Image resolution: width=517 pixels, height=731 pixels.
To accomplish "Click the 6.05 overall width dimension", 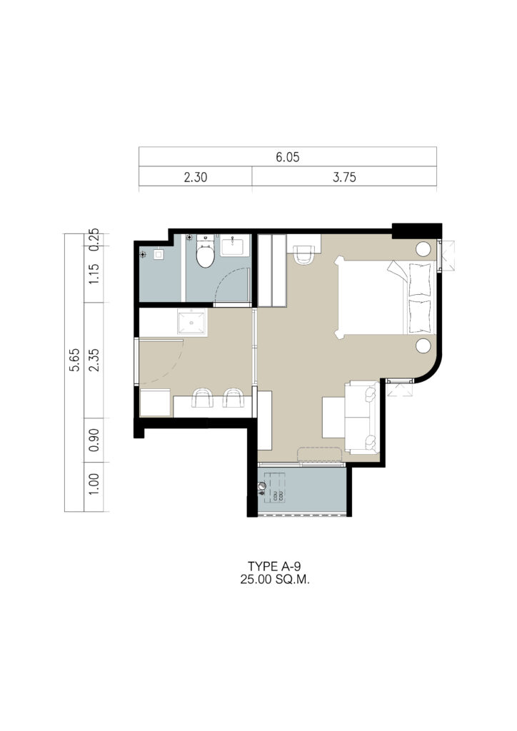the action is coord(287,157).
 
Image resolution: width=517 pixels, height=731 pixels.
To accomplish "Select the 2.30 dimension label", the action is coord(196,177).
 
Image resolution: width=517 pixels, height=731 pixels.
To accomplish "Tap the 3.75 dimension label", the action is coord(344,177).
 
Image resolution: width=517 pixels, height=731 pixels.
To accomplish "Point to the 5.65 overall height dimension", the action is coord(74,360).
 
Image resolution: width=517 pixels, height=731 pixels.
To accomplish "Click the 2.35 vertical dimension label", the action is coord(94,360).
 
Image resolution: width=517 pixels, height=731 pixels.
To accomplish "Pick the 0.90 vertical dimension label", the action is coord(94,440).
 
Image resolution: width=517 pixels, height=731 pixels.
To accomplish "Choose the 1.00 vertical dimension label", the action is coord(94,485).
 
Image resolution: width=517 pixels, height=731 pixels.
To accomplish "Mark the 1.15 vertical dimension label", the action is coord(94,274).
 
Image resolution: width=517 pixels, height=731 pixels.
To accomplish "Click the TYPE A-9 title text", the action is coord(274,566).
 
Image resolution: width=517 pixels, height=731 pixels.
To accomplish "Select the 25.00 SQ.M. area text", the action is coord(275,580).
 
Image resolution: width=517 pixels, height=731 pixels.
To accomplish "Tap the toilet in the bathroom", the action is coord(205,252).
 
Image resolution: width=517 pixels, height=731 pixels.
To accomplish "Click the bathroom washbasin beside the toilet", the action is coord(234,246).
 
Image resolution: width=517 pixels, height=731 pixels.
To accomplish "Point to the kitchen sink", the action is coord(192,322).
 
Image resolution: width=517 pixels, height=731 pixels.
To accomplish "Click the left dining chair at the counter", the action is coord(202,398).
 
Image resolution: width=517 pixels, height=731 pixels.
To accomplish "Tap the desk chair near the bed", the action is coord(304,255).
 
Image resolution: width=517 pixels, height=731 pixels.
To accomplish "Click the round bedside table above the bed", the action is coord(423,248).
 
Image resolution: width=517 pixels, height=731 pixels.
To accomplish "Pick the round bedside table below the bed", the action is coord(423,346).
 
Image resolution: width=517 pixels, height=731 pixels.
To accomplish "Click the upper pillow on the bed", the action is coord(420,280).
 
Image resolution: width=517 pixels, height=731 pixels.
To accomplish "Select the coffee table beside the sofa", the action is coord(333,417).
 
